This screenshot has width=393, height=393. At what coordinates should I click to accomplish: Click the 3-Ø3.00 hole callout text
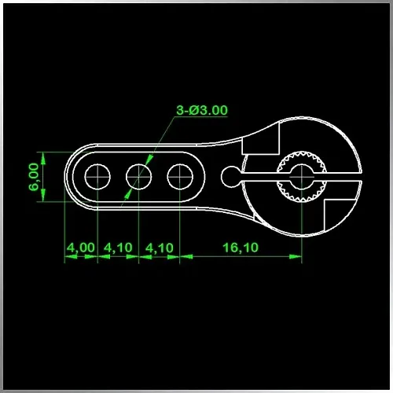(202, 110)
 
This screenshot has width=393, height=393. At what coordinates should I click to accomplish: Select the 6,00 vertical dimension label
(34, 177)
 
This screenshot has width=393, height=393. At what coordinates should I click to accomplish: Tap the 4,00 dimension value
(81, 248)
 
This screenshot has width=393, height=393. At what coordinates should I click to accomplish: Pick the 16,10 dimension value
(241, 248)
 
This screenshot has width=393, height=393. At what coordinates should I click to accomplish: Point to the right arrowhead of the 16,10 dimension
(296, 256)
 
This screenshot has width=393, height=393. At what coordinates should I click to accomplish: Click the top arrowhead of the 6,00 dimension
(43, 158)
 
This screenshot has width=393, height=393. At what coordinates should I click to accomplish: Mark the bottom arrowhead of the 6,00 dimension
(43, 196)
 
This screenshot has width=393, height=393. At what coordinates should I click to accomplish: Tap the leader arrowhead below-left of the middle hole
(128, 194)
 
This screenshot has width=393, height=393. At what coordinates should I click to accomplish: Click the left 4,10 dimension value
(118, 248)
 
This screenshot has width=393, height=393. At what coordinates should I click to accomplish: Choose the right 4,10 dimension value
(160, 248)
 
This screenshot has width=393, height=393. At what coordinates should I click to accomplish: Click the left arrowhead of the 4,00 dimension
(71, 256)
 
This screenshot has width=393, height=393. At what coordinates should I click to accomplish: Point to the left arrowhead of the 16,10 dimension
(186, 256)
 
